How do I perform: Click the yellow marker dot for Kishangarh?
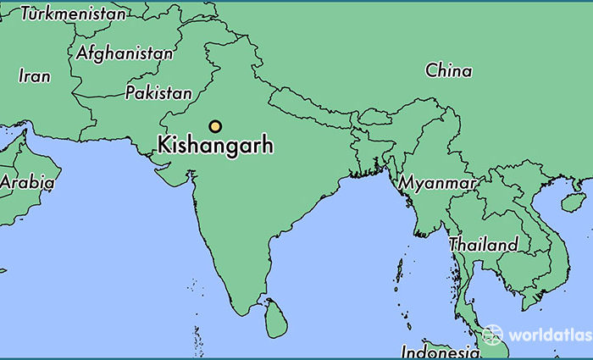point(215,126)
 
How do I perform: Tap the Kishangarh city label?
point(215,146)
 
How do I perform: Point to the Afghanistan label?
point(124,53)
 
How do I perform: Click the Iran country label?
point(35,75)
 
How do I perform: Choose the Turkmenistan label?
point(73,14)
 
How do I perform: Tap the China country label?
point(449,70)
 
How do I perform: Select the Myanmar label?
point(437,182)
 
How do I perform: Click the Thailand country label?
point(484,244)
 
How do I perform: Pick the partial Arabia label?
point(27,181)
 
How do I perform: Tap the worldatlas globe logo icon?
point(492,334)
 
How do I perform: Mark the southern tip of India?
point(250,311)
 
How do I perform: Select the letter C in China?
point(431,70)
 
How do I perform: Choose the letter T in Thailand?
point(454,244)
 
